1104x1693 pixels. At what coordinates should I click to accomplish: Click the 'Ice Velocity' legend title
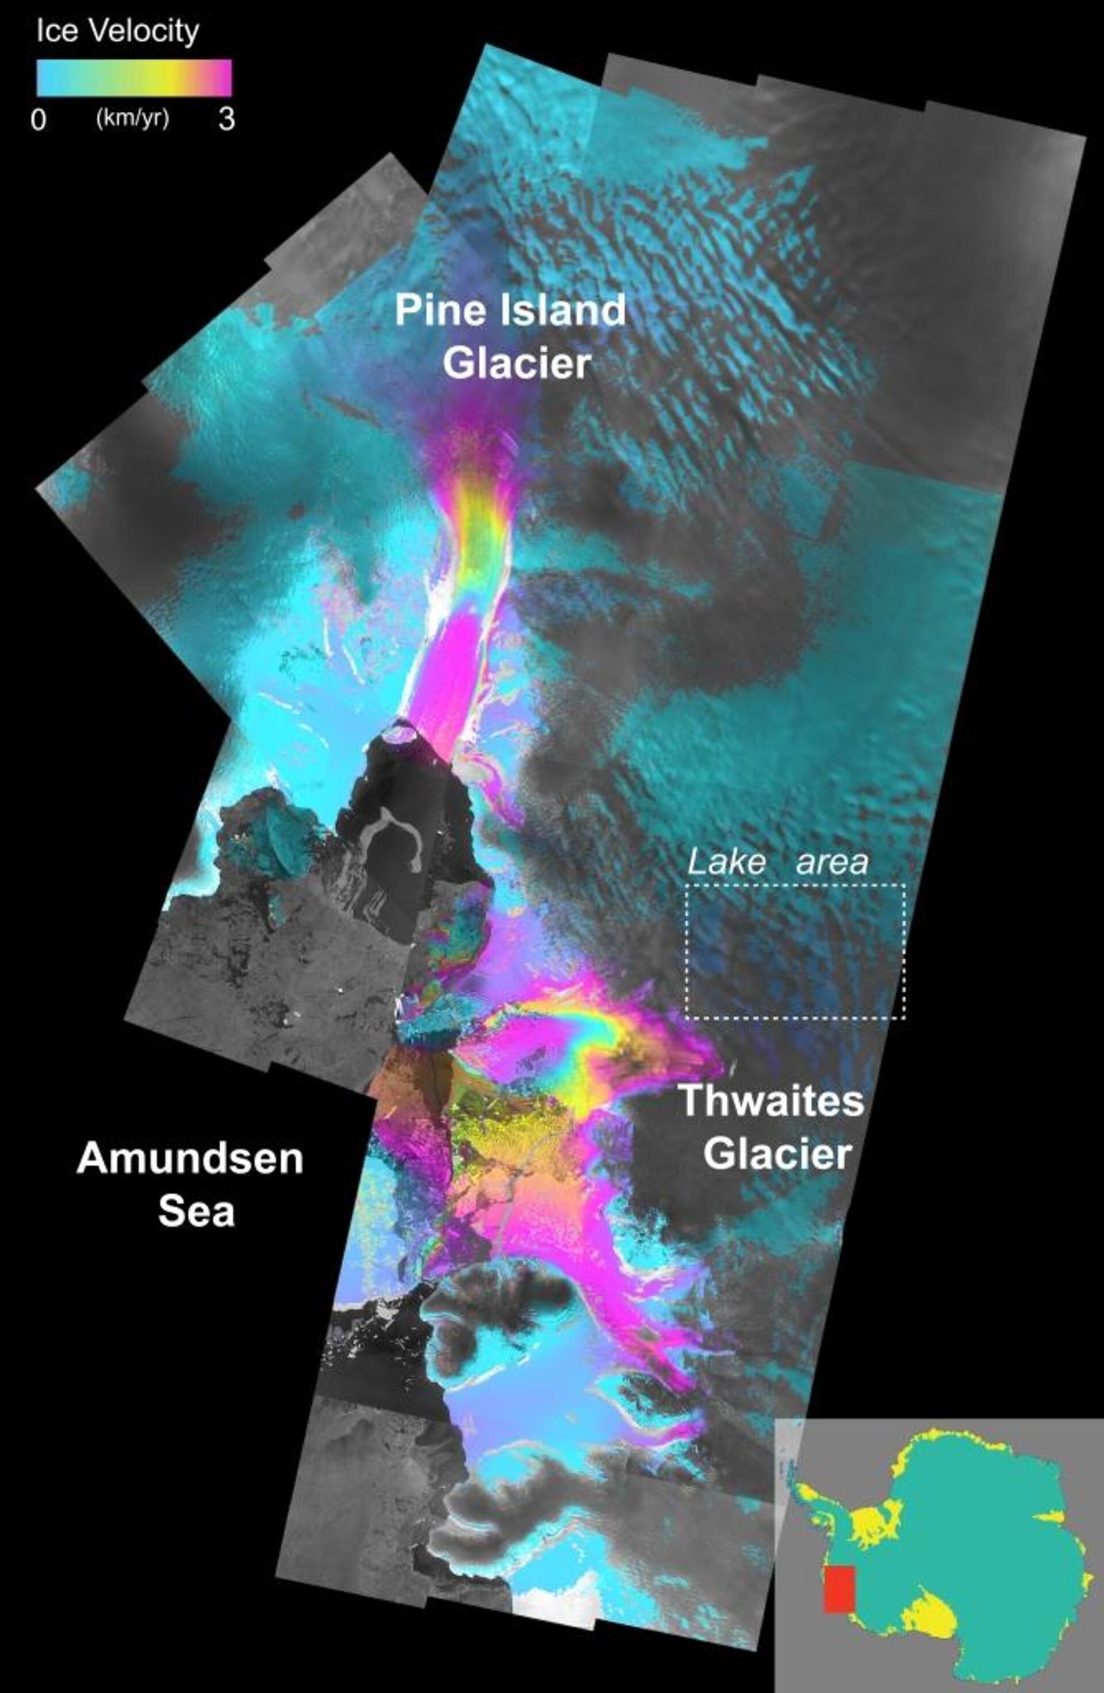pyautogui.click(x=117, y=31)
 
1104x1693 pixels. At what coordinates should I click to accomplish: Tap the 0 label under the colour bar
pyautogui.click(x=39, y=120)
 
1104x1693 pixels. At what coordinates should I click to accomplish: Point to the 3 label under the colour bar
pyautogui.click(x=226, y=119)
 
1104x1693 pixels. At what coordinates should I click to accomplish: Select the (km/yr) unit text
pyautogui.click(x=132, y=118)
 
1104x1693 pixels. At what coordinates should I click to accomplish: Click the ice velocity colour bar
pyautogui.click(x=133, y=77)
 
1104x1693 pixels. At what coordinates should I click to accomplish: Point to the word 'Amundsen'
pyautogui.click(x=190, y=1158)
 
